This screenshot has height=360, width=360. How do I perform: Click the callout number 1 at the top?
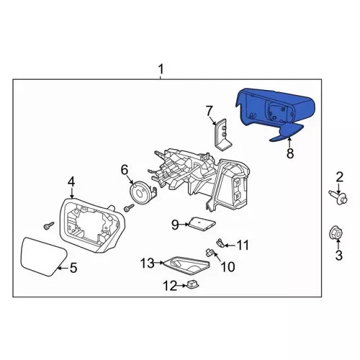pyautogui.click(x=161, y=69)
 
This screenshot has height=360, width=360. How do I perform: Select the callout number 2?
pyautogui.click(x=338, y=176)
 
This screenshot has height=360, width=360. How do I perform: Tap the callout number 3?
pyautogui.click(x=338, y=255)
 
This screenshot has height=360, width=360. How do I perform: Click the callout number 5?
pyautogui.click(x=72, y=268)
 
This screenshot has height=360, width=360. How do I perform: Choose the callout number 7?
pyautogui.click(x=210, y=110)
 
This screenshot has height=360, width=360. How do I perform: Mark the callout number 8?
pyautogui.click(x=289, y=153)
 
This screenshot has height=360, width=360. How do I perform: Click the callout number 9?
pyautogui.click(x=174, y=225)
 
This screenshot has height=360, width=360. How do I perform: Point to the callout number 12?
pyautogui.click(x=169, y=286)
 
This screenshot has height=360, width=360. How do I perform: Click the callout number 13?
pyautogui.click(x=147, y=264)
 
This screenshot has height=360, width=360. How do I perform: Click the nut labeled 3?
pyautogui.click(x=336, y=234)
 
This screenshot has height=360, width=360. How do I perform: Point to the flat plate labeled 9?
pyautogui.click(x=200, y=225)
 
